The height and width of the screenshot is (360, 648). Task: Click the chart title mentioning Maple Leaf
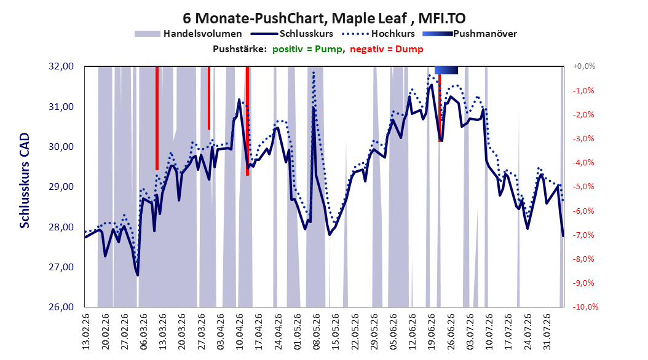[x=324, y=18]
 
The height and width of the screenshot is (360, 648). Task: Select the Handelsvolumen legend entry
[x=188, y=34]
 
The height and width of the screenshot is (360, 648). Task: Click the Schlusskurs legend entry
[x=292, y=34]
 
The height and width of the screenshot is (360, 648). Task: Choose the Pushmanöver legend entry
[x=470, y=34]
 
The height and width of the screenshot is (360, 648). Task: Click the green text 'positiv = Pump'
[x=307, y=49]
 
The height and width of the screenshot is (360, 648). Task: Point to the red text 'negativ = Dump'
[x=387, y=49]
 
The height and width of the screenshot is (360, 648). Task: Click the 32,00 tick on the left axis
[x=61, y=66]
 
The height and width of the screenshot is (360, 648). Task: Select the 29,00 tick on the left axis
[x=61, y=187]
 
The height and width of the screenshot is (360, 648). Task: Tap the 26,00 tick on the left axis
[x=61, y=307]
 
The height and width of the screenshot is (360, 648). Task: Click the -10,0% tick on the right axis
[x=585, y=307]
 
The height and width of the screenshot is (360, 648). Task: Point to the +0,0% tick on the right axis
[x=584, y=66]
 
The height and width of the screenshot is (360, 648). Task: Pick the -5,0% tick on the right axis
[x=583, y=187]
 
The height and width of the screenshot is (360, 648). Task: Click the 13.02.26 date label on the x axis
[x=86, y=332]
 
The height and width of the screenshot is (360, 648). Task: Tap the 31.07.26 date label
[x=547, y=332]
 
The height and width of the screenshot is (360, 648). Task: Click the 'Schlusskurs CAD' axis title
[x=25, y=181]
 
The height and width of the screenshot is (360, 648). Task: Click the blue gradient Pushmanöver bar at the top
[x=446, y=70]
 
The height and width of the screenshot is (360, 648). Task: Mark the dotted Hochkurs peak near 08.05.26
[x=314, y=72]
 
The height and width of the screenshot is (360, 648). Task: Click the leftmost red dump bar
[x=157, y=118]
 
